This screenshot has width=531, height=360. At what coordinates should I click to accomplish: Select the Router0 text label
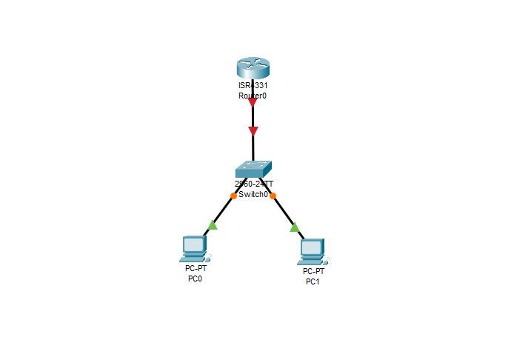[253, 96]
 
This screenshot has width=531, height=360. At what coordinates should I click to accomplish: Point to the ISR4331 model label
[253, 86]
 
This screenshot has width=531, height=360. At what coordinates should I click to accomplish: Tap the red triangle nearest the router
[253, 103]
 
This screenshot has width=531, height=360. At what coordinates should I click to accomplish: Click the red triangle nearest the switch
[253, 131]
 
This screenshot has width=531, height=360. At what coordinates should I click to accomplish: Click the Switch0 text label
[253, 194]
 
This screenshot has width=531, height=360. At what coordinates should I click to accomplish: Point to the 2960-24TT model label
[253, 184]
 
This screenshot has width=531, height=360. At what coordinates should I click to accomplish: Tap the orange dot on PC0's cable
[233, 196]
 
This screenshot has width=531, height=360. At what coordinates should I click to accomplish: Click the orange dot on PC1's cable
[273, 196]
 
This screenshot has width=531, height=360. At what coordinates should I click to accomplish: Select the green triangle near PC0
[213, 224]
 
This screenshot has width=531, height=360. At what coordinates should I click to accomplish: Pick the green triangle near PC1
[294, 227]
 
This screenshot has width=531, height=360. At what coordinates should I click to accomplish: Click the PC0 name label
[194, 279]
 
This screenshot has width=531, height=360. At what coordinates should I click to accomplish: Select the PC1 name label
[313, 281]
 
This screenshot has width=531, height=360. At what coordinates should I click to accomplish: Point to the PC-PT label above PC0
[196, 268]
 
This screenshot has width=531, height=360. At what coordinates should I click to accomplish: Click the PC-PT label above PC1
[314, 271]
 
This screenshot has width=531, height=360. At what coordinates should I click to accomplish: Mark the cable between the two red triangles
[253, 118]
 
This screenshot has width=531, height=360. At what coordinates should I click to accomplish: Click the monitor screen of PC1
[312, 247]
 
